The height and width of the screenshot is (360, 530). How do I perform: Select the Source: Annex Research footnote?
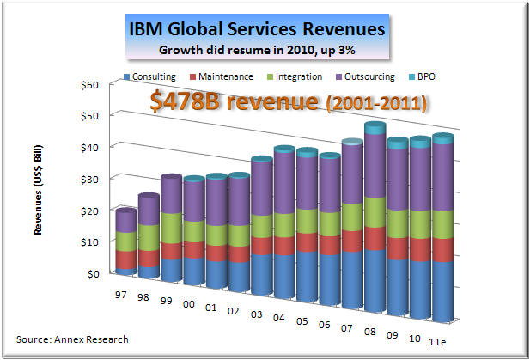(x=72, y=339)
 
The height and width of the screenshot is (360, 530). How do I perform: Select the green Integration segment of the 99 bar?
(x=170, y=228)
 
